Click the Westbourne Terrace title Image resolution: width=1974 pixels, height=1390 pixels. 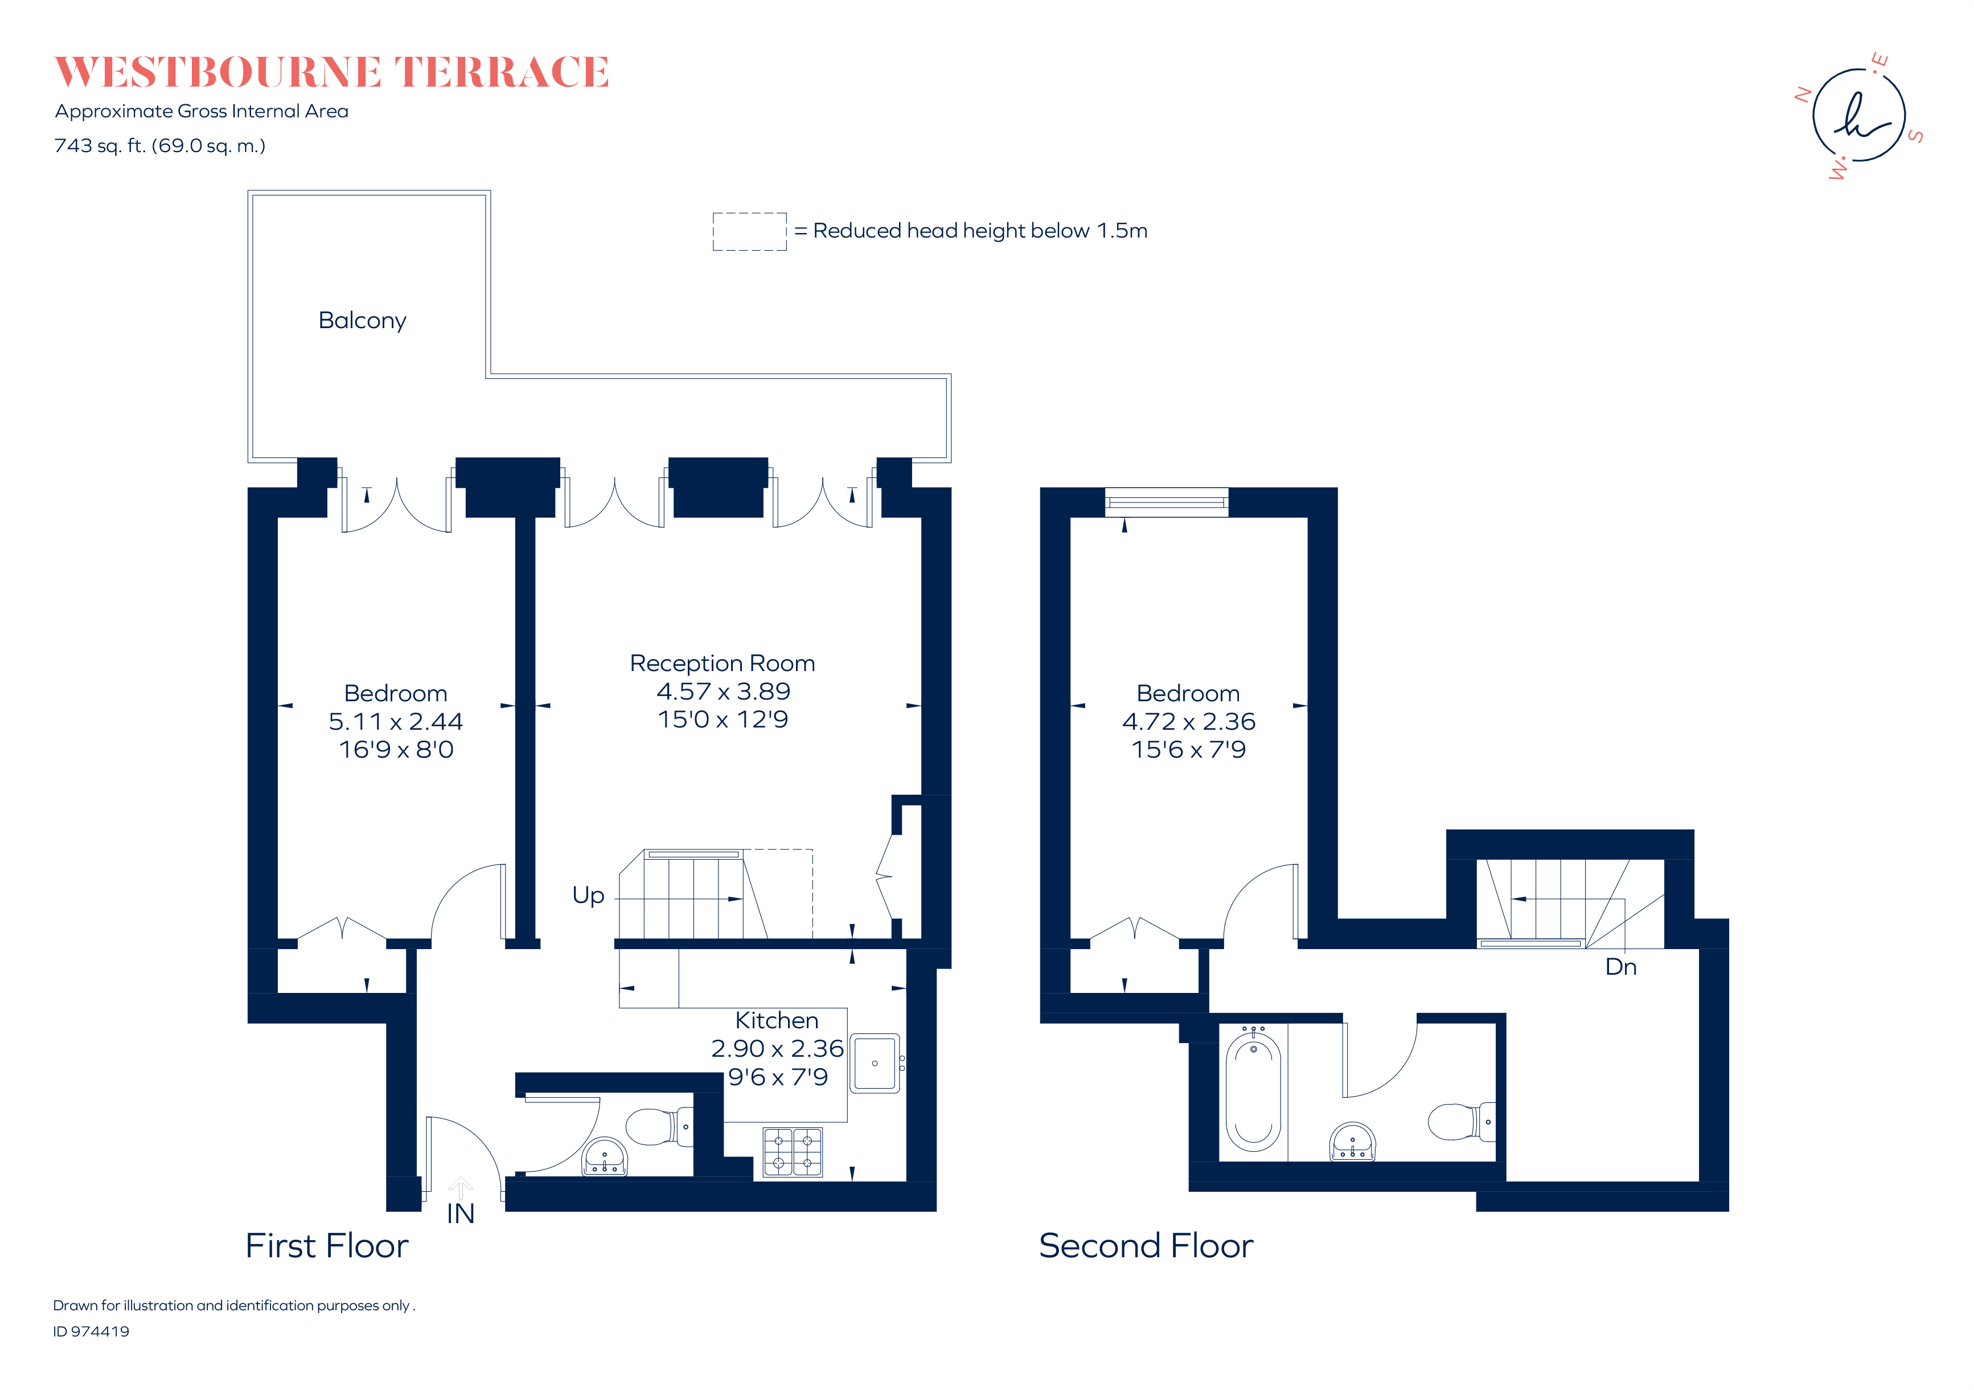(332, 72)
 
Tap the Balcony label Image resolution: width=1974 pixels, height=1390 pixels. (362, 321)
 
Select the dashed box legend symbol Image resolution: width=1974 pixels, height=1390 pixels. (749, 231)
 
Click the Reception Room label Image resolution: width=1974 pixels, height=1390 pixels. (722, 663)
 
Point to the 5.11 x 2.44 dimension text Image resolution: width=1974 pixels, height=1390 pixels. (396, 722)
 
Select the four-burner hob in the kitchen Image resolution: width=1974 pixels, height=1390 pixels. (792, 1152)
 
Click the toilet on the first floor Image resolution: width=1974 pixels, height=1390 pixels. (657, 1126)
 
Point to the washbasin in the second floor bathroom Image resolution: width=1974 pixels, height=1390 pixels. (1352, 1142)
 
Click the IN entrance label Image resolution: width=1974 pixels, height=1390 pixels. (460, 1213)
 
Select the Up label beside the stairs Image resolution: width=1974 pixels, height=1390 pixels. (588, 896)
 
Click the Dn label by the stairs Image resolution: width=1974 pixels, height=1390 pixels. (1620, 967)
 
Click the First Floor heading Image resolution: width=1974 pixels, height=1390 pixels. (327, 1245)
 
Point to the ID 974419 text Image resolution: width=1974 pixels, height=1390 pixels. (91, 1331)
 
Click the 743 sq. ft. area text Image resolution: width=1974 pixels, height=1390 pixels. (160, 146)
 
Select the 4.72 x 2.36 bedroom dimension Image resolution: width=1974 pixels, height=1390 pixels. (1188, 722)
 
